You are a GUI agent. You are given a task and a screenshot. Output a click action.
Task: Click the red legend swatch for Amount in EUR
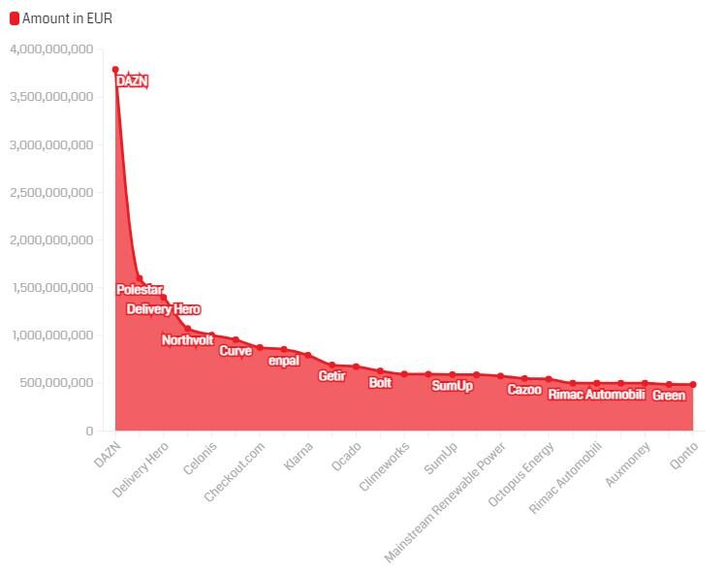tap(15, 18)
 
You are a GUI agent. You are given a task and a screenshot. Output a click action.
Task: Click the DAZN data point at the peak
tap(115, 70)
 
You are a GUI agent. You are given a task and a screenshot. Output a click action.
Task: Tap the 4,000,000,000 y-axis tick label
tap(50, 49)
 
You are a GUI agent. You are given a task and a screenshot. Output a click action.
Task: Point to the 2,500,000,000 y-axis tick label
tap(50, 192)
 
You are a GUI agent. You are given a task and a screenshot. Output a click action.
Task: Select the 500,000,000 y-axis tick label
tap(57, 383)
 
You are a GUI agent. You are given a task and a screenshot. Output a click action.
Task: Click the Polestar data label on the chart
tap(140, 290)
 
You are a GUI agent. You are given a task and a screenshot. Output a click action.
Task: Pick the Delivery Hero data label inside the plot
tap(164, 309)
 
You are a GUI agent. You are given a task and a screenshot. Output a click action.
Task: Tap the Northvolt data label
tap(187, 340)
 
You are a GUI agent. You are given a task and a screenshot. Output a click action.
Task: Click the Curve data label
tap(236, 351)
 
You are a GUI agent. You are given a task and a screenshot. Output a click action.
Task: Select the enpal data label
tap(284, 361)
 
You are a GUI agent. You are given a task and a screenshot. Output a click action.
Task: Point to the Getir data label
tap(331, 376)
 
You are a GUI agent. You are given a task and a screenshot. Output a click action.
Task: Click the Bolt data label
tap(380, 383)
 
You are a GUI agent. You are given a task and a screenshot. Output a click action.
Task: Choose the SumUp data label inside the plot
tap(452, 386)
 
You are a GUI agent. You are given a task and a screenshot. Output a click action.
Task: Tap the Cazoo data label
tap(524, 390)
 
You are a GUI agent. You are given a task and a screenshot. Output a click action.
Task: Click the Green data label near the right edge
tap(669, 396)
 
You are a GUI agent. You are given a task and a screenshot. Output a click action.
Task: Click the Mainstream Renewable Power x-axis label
tap(446, 503)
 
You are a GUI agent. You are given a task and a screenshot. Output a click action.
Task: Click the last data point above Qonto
tap(693, 385)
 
